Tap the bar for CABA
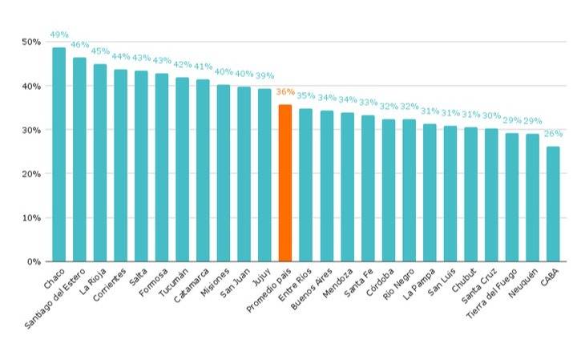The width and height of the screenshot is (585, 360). coord(553,204)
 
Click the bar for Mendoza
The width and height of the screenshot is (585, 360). coord(347,187)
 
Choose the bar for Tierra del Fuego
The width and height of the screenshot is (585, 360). coord(511,197)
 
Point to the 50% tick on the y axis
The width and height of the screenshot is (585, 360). coord(31,42)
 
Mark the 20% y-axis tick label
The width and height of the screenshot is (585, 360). coord(31,173)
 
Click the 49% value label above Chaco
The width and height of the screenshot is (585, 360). coord(59,34)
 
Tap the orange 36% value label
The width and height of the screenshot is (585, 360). coord(284,91)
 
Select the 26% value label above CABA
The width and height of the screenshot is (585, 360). coord(553,134)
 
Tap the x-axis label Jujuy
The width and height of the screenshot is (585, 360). coord(260,277)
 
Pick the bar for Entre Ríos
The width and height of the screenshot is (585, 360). coord(305,185)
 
